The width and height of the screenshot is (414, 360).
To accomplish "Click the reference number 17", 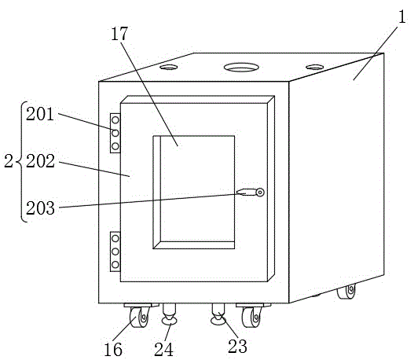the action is point(119,34).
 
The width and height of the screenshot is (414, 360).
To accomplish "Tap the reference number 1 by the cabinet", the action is point(401,17).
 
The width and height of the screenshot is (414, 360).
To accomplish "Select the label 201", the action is point(40,114).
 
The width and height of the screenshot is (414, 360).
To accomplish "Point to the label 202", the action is point(40,161).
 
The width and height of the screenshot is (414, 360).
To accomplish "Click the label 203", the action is point(40,208).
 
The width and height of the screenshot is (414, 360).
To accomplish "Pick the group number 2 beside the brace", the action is point(9,161).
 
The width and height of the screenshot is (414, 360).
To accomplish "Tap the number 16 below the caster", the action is point(113,350).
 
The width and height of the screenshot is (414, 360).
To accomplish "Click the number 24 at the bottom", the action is point(163,350).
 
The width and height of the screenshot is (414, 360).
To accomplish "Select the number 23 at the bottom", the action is point(237,346).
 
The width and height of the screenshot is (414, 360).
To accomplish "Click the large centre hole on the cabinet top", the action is point(241,67).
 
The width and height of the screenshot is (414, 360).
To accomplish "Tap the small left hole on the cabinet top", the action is point(168,67).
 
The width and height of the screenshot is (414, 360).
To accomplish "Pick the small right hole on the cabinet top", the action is point(315,67).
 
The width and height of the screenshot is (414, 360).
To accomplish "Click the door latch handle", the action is point(251,192).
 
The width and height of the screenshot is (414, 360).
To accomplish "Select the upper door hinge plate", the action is point(115,133).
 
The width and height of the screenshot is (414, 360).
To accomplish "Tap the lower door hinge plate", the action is point(115,252).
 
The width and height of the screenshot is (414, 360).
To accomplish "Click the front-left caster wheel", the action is point(139,318).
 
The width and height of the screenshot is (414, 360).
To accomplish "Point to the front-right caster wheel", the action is point(252,318).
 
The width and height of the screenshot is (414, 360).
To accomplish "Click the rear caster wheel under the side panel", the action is point(346,292).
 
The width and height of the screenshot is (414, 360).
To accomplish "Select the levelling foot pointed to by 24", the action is point(169,314).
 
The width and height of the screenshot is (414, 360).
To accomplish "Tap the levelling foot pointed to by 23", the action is point(218,314).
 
